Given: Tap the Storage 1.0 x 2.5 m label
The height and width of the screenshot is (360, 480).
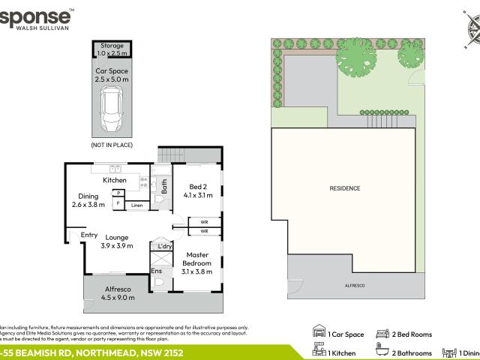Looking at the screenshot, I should pyautogui.click(x=112, y=49).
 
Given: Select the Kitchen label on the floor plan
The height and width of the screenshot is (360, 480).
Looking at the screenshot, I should pyautogui.click(x=115, y=181).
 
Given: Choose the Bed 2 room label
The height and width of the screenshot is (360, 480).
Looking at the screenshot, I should pyautogui.click(x=198, y=190).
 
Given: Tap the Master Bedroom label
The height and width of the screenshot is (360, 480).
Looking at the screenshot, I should pyautogui.click(x=198, y=259).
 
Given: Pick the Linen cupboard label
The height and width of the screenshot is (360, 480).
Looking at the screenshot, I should pyautogui.click(x=136, y=205).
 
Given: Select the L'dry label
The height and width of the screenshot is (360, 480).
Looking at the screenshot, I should pyautogui.click(x=164, y=247).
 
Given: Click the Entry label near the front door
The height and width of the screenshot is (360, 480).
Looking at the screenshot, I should pyautogui.click(x=89, y=235).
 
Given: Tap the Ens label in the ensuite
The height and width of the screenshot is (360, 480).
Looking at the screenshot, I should pyautogui.click(x=157, y=271).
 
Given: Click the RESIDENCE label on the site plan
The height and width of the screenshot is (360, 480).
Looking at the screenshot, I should pyautogui.click(x=344, y=188).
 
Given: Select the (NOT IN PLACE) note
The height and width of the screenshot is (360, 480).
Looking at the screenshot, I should pyautogui.click(x=112, y=142).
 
